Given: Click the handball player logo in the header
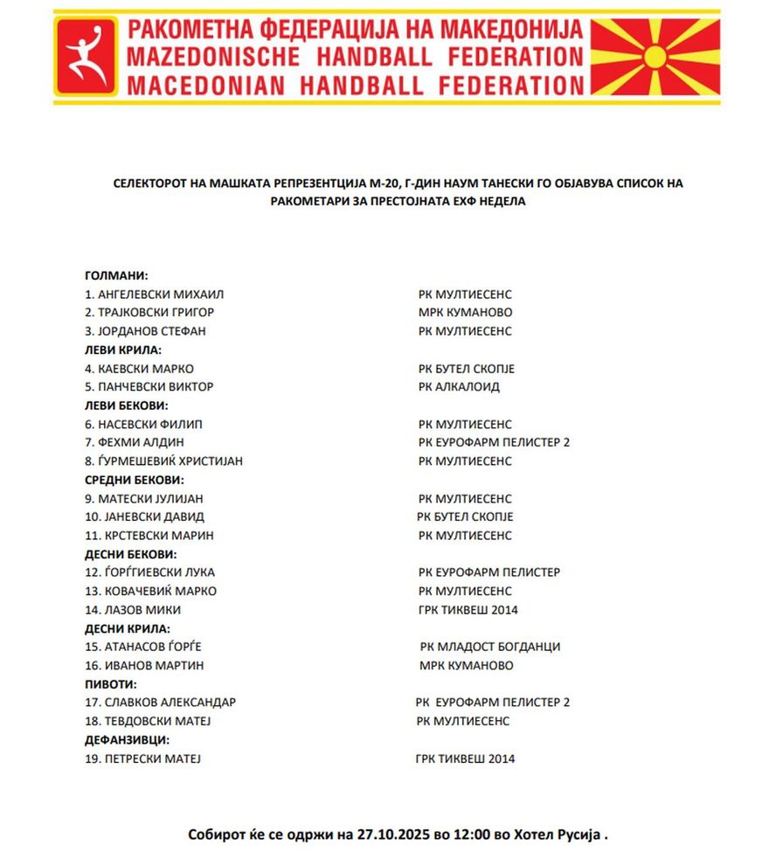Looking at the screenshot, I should coord(87,57).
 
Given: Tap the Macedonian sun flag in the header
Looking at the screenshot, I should coord(655,57).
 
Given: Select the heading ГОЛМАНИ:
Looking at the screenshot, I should coord(116,275).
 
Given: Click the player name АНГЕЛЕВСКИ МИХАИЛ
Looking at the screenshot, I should coord(161,294).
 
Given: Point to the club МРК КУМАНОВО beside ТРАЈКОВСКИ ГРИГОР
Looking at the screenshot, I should coord(465,313).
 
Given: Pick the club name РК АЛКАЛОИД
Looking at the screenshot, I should coord(459,387).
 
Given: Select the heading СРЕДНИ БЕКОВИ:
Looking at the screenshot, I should coord(135,480).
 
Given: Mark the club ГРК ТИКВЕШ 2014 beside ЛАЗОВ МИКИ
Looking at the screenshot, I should coord(468,610).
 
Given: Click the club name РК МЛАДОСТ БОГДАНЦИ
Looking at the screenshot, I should coord(490,647).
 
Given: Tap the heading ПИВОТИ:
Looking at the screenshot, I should coord(110,684).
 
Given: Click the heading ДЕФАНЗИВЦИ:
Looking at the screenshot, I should coord(127,740).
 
